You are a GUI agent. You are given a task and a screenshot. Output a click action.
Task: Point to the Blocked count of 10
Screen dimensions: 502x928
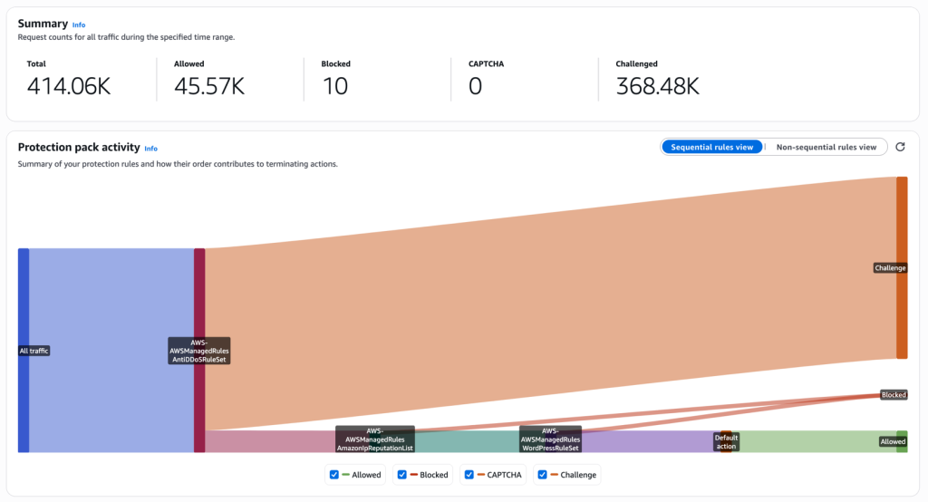pos(334,86)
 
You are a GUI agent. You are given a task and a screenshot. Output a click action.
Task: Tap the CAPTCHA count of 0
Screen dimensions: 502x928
pos(475,86)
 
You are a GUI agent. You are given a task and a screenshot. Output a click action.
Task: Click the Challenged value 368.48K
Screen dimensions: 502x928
pos(657,86)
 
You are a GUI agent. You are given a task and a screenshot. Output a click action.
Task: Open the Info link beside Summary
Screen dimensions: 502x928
pos(79,25)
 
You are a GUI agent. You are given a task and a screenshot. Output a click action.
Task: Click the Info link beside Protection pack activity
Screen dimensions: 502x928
pos(150,149)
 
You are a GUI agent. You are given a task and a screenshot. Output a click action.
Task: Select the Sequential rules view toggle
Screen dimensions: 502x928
pos(711,147)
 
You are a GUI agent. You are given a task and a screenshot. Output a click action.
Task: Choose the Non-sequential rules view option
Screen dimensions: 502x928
pos(826,147)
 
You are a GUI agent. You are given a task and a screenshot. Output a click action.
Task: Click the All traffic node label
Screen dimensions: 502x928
pos(34,351)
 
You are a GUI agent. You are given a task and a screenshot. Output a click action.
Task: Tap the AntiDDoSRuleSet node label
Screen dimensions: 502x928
pos(198,351)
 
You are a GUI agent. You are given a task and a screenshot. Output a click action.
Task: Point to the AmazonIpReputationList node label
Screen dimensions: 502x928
pos(374,439)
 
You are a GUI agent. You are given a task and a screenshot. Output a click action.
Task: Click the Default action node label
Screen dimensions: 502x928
pos(726,441)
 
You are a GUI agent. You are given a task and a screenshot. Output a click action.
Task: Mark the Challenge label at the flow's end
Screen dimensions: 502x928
pos(890,268)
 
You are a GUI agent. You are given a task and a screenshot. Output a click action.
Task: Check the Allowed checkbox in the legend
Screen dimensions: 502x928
pos(334,475)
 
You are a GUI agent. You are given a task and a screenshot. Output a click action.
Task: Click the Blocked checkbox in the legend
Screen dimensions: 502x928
pos(401,475)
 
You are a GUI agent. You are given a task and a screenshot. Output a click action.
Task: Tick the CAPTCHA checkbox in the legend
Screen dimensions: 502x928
pos(469,475)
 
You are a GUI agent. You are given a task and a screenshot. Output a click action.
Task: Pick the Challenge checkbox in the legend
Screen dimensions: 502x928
pos(542,475)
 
